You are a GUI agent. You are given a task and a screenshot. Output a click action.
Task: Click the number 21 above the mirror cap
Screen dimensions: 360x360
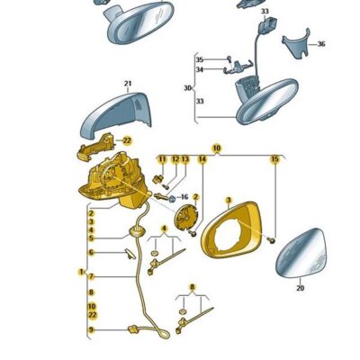(x=128, y=84)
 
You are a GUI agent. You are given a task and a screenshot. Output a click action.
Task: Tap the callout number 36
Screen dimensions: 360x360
(x=321, y=44)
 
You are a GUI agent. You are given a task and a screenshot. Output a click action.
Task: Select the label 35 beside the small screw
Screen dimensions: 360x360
(x=200, y=59)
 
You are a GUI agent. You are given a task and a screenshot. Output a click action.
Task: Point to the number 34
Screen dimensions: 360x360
(x=200, y=69)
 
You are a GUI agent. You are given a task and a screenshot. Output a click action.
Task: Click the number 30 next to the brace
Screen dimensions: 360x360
(x=187, y=88)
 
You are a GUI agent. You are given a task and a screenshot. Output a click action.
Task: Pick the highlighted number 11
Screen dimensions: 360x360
(x=162, y=159)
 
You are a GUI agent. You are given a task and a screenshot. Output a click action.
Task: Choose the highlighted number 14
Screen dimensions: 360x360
(x=202, y=159)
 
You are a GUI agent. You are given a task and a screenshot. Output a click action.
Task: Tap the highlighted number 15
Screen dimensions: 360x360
(x=274, y=159)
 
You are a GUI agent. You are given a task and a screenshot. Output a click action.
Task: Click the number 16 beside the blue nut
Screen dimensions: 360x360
(x=184, y=197)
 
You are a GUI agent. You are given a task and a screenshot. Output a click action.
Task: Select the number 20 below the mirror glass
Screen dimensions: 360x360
(x=300, y=288)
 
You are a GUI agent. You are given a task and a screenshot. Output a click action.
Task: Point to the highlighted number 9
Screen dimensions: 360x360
(x=91, y=329)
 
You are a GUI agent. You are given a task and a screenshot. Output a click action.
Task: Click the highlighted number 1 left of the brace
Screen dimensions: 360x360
(x=81, y=272)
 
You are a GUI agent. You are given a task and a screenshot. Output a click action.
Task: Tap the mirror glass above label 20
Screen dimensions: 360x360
(x=301, y=254)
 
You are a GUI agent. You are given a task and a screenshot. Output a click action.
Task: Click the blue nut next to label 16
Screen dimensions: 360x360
(x=173, y=198)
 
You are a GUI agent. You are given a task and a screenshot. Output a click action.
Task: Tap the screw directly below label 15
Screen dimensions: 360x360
(x=273, y=240)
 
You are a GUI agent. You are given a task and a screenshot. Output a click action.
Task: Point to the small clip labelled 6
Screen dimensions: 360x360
(x=130, y=254)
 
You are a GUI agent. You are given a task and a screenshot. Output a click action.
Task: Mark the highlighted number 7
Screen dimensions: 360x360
(x=91, y=276)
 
